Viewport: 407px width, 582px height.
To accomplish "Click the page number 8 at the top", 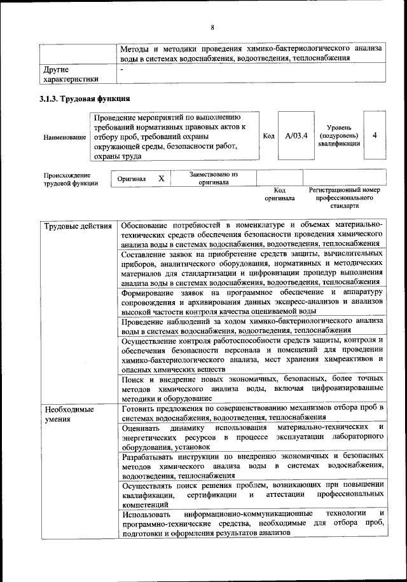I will pyautogui.click(x=212, y=27).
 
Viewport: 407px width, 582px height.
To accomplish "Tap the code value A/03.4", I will pyautogui.click(x=296, y=136).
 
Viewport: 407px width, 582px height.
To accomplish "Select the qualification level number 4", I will pyautogui.click(x=375, y=136).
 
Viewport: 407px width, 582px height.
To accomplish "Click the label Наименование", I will pyautogui.click(x=64, y=137).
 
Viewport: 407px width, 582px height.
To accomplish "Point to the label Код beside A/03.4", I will pyautogui.click(x=268, y=136).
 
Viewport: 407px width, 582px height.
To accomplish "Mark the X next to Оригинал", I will pyautogui.click(x=162, y=179).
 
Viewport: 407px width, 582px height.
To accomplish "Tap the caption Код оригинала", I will pyautogui.click(x=279, y=194).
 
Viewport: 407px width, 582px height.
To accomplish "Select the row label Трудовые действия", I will pyautogui.click(x=78, y=226).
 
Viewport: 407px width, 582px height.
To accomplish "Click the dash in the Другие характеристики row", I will pyautogui.click(x=123, y=69).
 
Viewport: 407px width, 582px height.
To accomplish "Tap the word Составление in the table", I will pyautogui.click(x=147, y=254).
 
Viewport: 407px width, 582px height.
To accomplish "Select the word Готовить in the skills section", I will pyautogui.click(x=140, y=407).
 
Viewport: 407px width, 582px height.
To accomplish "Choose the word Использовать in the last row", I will pyautogui.click(x=148, y=513).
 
